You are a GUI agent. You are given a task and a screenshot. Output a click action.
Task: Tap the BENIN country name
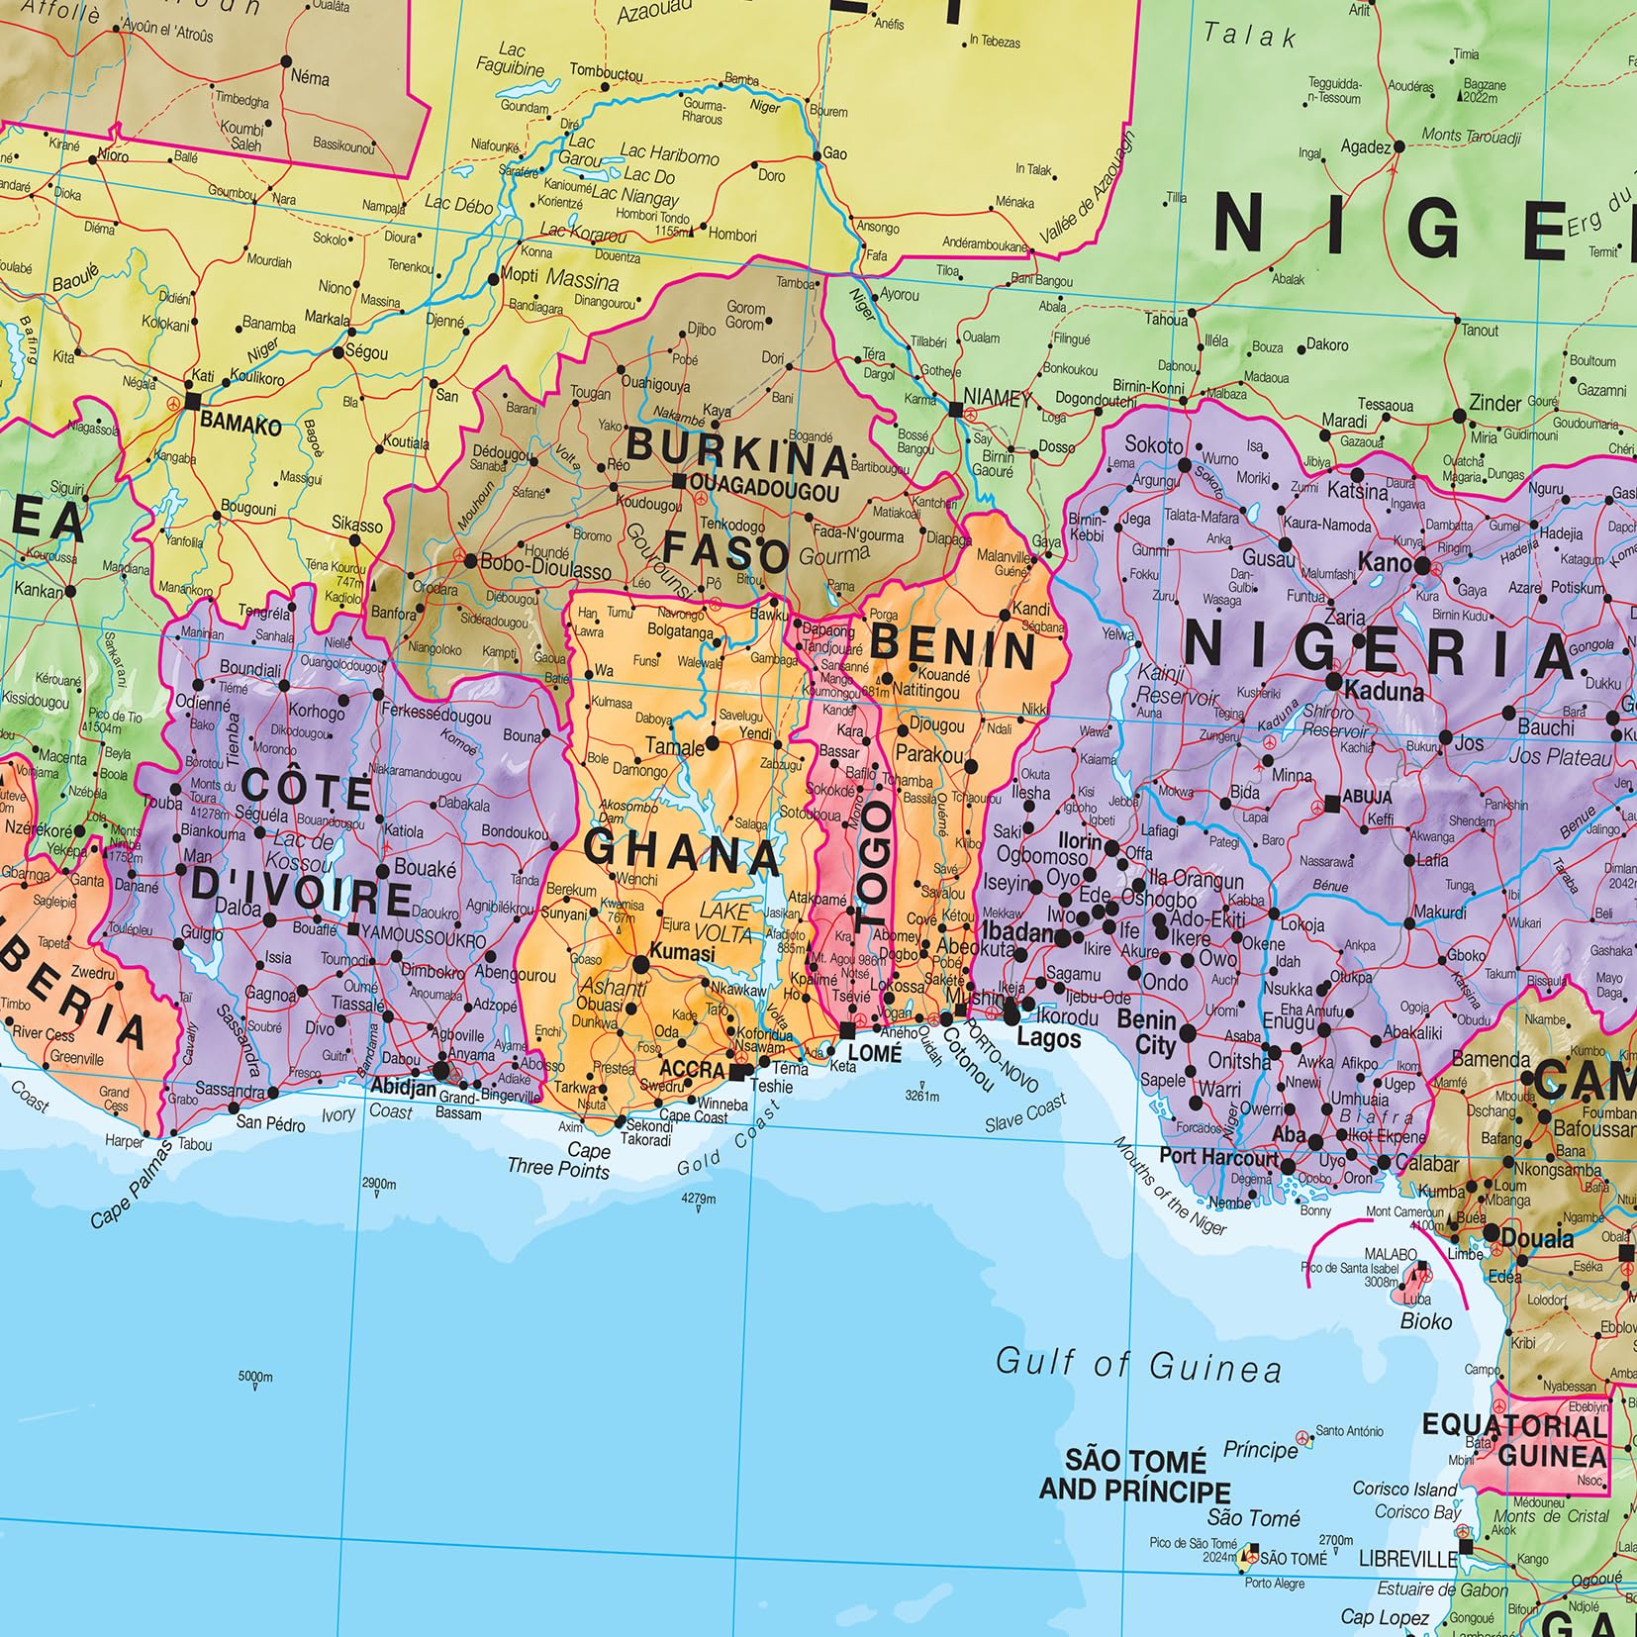953,649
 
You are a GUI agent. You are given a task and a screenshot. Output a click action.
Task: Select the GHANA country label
682,852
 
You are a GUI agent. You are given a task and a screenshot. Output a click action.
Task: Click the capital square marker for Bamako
193,401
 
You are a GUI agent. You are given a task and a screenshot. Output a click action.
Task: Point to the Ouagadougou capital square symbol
679,481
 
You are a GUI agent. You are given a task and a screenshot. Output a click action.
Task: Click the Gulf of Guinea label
1138,1366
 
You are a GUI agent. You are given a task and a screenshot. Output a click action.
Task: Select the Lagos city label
1049,1038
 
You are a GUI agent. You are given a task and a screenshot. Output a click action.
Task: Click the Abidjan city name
403,1086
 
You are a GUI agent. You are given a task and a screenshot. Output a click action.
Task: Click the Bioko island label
1426,1320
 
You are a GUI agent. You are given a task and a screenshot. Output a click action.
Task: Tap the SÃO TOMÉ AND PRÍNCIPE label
1134,1476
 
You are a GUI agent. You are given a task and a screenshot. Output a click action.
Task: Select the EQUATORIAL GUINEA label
1514,1440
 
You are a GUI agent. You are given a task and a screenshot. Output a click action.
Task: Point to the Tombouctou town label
606,73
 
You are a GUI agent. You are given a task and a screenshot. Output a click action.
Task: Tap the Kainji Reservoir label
1177,686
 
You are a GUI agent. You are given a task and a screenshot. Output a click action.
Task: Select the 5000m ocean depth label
255,1377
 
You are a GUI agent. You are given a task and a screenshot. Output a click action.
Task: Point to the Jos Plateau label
1561,758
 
